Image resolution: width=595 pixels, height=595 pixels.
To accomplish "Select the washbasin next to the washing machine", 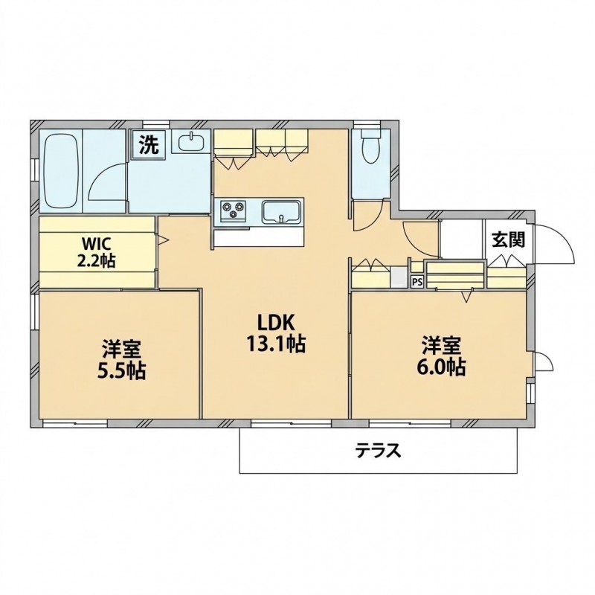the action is click(x=191, y=141).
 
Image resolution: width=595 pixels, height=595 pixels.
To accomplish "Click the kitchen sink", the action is click(x=281, y=212).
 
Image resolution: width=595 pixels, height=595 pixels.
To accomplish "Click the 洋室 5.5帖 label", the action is click(x=121, y=359).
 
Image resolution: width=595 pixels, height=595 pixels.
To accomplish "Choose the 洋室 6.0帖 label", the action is click(x=443, y=356).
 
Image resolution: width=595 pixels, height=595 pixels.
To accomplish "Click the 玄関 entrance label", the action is click(x=509, y=239).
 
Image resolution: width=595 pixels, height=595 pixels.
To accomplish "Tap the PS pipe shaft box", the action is click(x=417, y=282).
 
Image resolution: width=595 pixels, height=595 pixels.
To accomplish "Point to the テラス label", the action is click(x=378, y=451).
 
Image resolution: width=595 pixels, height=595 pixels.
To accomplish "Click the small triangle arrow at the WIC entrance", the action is click(x=164, y=239).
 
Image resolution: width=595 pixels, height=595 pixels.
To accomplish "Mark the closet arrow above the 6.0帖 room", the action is click(x=467, y=295).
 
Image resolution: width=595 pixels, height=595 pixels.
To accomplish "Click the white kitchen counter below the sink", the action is click(x=259, y=238).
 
